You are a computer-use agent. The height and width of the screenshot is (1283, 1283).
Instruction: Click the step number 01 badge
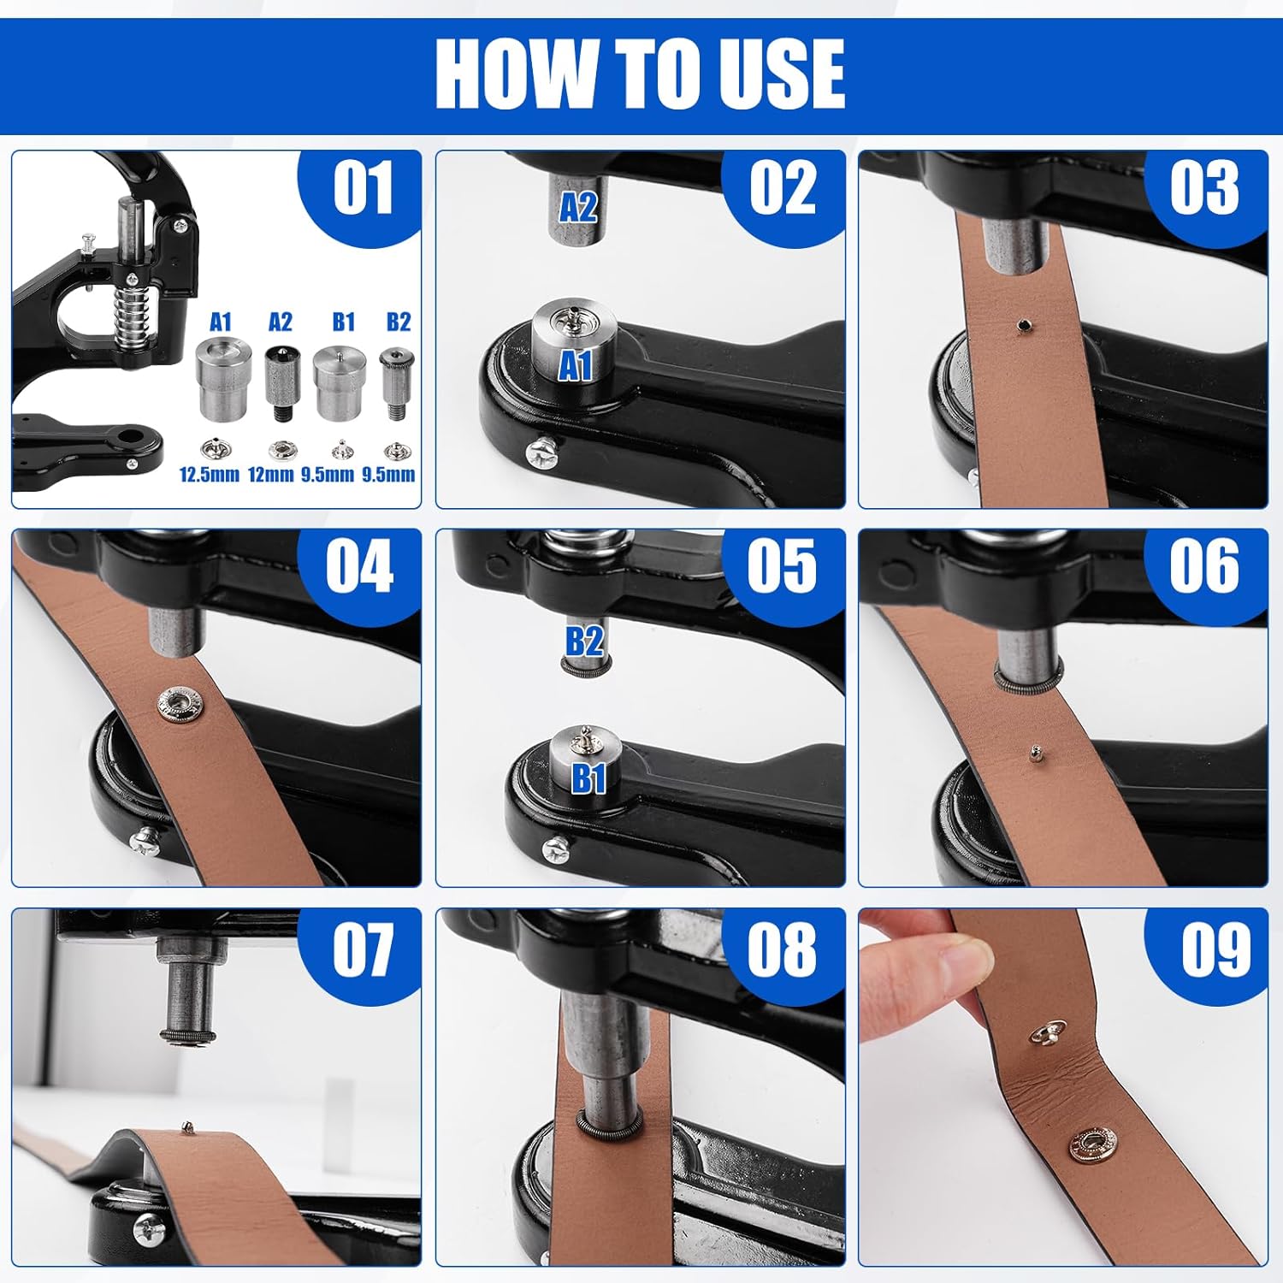[363, 190]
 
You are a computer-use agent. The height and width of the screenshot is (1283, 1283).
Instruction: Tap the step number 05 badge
[782, 567]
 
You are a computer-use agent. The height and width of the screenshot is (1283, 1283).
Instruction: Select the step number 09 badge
[1215, 949]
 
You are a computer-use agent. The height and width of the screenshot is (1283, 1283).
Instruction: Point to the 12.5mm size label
[209, 474]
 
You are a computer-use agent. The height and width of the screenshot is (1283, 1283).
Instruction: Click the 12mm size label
[271, 474]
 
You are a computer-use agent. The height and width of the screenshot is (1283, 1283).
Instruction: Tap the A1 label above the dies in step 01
[221, 322]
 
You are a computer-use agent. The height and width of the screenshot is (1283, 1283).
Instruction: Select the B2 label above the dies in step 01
[399, 322]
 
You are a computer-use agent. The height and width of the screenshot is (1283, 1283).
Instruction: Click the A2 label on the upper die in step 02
[578, 208]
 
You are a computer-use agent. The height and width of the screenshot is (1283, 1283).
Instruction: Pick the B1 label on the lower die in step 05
[588, 778]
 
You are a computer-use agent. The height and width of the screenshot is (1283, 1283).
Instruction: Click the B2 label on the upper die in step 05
[585, 641]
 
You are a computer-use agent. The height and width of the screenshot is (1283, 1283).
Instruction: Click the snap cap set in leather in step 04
[180, 703]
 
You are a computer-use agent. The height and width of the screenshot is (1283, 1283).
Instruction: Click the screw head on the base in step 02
[544, 451]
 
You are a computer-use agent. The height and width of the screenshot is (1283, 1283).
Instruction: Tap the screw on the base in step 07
[147, 1228]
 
